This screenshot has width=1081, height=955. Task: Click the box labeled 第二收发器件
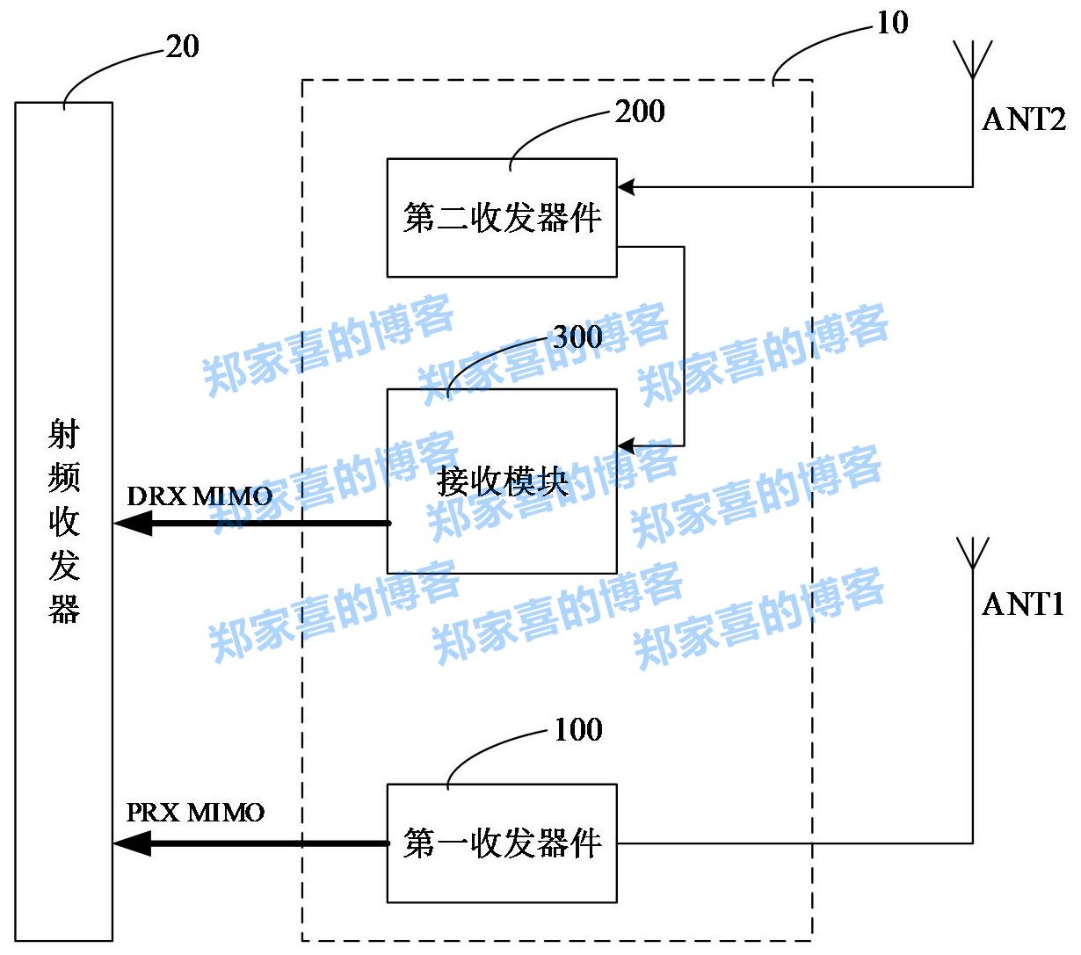[502, 218]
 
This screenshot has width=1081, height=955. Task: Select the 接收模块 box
[502, 481]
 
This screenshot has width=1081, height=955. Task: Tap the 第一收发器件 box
[502, 843]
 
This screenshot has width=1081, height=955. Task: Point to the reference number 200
[639, 112]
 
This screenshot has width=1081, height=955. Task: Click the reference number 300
[577, 336]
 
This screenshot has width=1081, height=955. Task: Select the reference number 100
[577, 729]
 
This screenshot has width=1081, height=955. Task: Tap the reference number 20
[182, 47]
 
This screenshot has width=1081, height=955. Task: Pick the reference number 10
[892, 23]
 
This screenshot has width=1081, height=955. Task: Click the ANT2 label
[1023, 119]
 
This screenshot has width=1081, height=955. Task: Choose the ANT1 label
[1023, 604]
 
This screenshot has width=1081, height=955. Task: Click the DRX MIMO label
[200, 496]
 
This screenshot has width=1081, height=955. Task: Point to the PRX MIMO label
[195, 812]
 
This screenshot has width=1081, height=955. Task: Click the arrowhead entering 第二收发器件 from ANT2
[626, 186]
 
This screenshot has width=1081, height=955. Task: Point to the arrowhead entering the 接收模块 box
[626, 446]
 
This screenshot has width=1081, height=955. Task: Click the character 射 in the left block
[64, 434]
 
